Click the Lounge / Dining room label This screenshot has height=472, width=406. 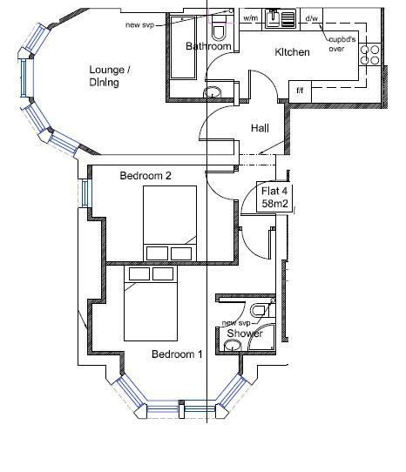pos(110,76)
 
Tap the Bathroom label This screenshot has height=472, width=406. pos(208,46)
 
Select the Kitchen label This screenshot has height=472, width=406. pos(292,52)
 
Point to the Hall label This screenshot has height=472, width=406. pos(260,128)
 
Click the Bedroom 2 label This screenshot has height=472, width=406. pos(145,176)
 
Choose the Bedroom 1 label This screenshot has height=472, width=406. pos(177,354)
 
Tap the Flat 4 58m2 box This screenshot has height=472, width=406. pos(274,197)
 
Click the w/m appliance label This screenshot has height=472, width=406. pos(251,18)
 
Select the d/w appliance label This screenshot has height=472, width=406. pos(311,18)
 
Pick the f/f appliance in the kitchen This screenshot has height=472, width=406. pos(300,91)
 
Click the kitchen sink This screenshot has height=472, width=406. pos(280,18)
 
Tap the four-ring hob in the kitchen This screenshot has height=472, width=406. pos(370,55)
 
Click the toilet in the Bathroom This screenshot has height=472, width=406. pos(219,28)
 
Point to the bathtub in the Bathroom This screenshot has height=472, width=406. pos(184,47)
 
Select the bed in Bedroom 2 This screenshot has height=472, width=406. pos(170,223)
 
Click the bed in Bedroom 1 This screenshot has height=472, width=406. pos(151,303)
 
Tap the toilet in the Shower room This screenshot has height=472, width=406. pos(261,310)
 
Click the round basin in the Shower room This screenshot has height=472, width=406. pos(233,345)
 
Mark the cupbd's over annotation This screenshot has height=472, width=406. pos(342,44)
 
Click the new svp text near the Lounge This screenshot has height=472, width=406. pos(139,24)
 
